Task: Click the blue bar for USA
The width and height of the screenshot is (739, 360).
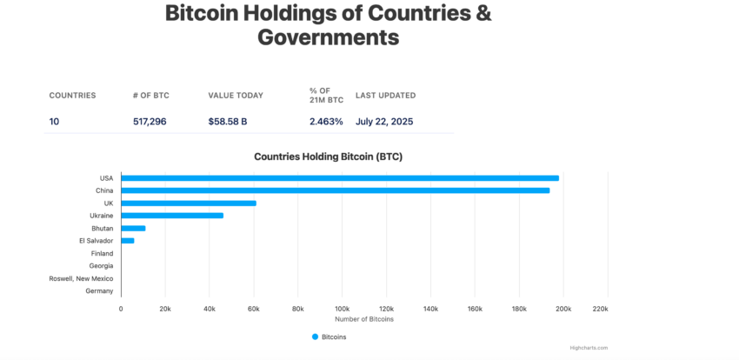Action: click(339, 178)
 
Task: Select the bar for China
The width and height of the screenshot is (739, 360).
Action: click(335, 190)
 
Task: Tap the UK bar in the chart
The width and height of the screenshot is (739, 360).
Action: click(188, 203)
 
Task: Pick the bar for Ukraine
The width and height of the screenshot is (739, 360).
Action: click(172, 216)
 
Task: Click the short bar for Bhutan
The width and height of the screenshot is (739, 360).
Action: click(133, 228)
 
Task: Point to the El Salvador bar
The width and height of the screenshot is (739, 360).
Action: click(127, 241)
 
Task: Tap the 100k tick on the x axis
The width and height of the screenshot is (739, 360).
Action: click(342, 309)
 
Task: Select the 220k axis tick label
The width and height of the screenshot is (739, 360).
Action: click(600, 309)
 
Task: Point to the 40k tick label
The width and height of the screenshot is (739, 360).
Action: click(210, 309)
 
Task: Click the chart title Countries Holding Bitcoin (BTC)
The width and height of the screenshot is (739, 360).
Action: click(328, 157)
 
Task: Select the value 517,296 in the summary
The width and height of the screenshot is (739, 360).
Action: click(149, 122)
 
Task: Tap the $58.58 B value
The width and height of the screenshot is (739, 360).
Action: click(227, 122)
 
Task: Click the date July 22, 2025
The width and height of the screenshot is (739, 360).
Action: click(384, 122)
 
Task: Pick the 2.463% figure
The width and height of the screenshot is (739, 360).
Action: click(326, 122)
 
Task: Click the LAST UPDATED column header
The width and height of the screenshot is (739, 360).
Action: click(385, 96)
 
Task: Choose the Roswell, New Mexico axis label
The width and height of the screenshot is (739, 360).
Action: click(81, 278)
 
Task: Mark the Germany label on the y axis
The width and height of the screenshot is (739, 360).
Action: click(99, 291)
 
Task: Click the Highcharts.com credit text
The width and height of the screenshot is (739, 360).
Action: click(589, 348)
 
